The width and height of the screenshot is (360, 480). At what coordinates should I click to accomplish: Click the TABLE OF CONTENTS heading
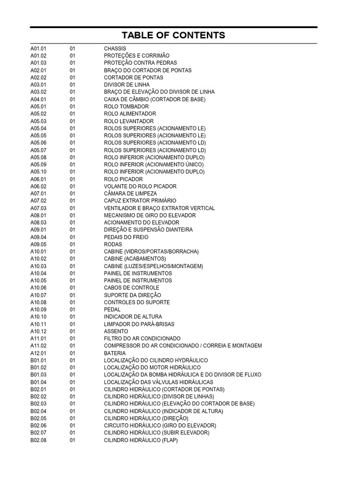click(173, 35)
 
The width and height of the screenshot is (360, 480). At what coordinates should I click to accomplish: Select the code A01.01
click(38, 48)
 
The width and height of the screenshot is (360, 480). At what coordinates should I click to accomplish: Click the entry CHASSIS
click(115, 48)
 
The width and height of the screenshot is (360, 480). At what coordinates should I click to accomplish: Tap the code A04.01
click(38, 99)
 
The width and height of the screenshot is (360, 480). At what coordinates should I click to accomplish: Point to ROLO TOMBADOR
click(123, 106)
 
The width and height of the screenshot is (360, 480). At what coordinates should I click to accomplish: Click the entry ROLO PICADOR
click(123, 179)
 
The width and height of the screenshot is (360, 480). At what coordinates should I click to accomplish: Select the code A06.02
click(38, 186)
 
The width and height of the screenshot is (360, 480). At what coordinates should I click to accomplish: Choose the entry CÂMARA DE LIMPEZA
click(130, 194)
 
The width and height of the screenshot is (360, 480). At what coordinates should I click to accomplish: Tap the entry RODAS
click(113, 244)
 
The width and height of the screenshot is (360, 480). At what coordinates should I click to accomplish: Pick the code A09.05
click(38, 244)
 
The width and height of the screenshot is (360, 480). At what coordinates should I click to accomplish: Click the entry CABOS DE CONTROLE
click(132, 288)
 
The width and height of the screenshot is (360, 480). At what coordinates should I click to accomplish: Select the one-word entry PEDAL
click(112, 309)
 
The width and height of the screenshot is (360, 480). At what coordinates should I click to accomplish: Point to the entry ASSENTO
click(115, 331)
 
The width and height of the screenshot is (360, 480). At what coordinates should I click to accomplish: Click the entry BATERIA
click(115, 353)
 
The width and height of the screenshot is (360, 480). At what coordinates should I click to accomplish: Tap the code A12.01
click(38, 353)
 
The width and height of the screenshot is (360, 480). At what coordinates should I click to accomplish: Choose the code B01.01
click(38, 360)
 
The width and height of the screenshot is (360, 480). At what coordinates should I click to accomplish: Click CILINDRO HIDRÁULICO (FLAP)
click(141, 440)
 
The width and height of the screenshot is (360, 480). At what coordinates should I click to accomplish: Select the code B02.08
click(38, 440)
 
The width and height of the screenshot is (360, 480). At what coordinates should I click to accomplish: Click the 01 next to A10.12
click(73, 331)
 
